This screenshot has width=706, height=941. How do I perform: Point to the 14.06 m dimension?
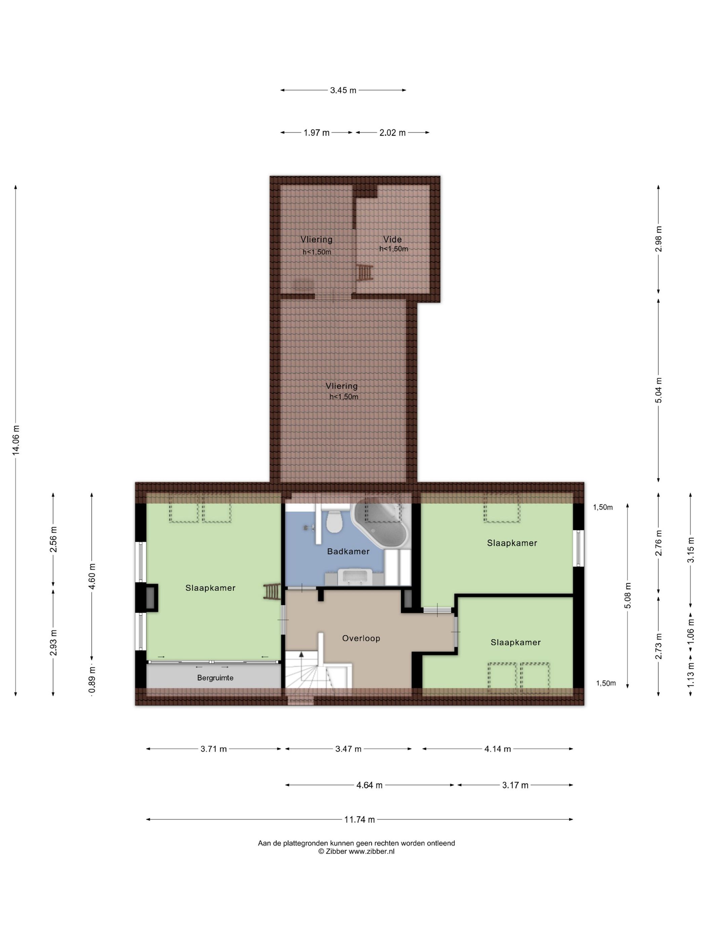[x=16, y=440]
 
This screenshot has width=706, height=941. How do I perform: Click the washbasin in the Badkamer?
[x=353, y=576]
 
